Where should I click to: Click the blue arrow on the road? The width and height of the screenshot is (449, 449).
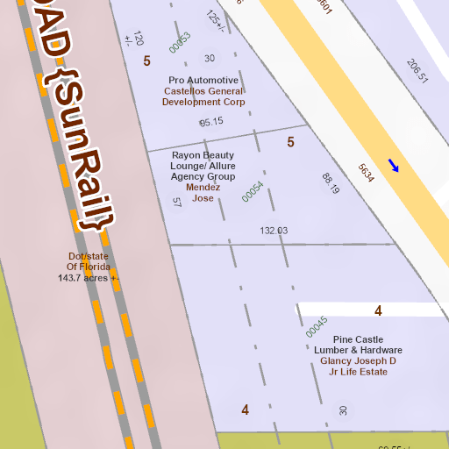(x=395, y=166)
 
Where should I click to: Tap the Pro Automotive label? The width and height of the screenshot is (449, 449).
(x=203, y=80)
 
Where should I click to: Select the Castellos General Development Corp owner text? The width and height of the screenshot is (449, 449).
(x=203, y=96)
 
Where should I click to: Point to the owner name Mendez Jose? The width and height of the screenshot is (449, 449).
(x=203, y=192)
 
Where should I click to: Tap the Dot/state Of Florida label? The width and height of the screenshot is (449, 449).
(x=89, y=261)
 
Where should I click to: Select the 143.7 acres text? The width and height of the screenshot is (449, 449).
(x=89, y=278)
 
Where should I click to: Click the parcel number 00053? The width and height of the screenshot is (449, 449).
(x=180, y=42)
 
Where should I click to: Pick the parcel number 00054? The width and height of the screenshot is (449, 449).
(x=253, y=192)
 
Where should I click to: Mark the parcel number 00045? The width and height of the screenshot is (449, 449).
(x=317, y=328)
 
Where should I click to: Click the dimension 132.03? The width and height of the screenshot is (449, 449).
(x=274, y=231)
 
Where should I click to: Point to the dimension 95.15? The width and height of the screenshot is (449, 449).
(x=211, y=122)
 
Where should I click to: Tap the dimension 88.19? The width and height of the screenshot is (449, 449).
(x=331, y=183)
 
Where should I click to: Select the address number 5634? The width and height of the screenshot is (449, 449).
(x=367, y=173)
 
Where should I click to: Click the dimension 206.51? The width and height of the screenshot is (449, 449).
(x=417, y=71)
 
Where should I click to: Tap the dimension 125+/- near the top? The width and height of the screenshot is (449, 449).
(x=215, y=21)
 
